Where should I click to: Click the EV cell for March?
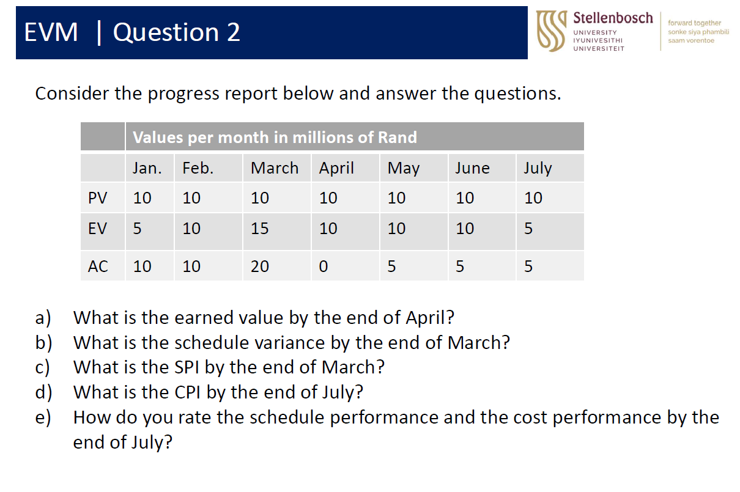[x=259, y=229]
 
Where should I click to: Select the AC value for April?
[x=324, y=266]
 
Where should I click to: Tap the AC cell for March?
[x=259, y=266]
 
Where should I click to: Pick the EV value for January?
[x=137, y=229]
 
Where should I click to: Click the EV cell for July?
[x=528, y=229]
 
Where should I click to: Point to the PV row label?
[x=97, y=198]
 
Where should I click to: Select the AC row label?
[x=98, y=266]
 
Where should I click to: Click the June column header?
[x=472, y=168]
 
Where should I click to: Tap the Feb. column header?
[x=198, y=168]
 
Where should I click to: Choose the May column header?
[x=404, y=168]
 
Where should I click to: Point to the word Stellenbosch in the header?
[x=613, y=18]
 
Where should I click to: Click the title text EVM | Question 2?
[x=132, y=32]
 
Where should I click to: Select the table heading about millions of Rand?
[x=275, y=137]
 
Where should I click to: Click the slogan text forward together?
[x=694, y=23]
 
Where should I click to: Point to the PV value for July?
[x=533, y=198]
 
